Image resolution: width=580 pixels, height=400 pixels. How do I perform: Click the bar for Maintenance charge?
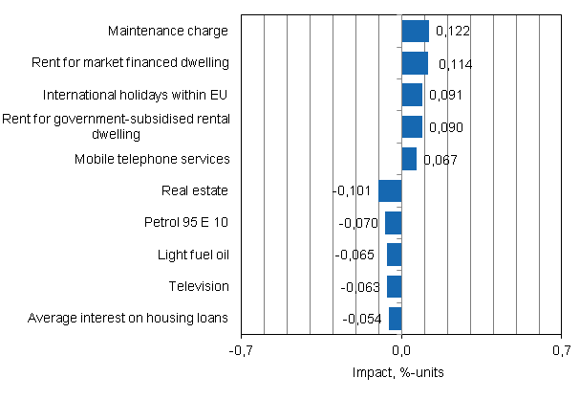[415, 32]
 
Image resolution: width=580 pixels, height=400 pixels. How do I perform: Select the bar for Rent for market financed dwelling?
[414, 63]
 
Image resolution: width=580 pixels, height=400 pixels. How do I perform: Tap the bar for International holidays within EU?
[411, 95]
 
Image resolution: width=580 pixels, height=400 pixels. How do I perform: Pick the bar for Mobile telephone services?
[408, 159]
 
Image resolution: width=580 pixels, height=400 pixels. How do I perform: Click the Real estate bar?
[390, 190]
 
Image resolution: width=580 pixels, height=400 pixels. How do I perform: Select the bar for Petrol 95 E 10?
[393, 223]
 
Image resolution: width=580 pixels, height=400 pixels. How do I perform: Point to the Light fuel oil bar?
[394, 255]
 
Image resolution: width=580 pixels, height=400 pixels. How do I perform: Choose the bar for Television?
[394, 286]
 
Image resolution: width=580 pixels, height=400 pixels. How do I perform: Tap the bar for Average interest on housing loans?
[395, 318]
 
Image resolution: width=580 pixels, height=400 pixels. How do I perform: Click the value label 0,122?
[452, 32]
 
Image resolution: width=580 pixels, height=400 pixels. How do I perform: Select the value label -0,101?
[352, 191]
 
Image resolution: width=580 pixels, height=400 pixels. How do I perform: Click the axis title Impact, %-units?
[400, 371]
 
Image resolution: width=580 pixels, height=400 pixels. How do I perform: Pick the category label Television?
[198, 286]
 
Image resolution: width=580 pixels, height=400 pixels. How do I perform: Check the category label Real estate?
[196, 190]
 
